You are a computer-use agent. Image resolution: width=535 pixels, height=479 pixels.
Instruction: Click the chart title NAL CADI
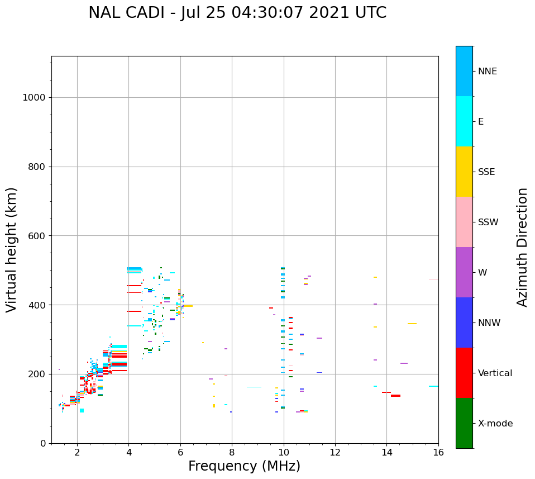[x=237, y=13]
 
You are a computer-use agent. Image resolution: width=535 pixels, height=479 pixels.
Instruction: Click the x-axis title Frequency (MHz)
[x=244, y=466]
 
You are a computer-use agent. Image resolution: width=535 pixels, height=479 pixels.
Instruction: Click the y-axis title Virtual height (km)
[x=12, y=249]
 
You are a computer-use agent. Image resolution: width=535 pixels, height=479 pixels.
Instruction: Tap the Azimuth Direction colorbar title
[x=522, y=247]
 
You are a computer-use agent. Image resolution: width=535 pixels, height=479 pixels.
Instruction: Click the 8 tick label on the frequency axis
[x=232, y=452]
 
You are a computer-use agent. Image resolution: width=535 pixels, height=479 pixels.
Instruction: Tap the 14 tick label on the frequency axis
[x=386, y=452]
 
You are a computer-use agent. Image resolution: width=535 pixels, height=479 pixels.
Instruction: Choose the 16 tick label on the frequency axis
[x=438, y=452]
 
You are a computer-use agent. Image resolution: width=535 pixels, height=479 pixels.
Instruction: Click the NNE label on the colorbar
[x=487, y=72]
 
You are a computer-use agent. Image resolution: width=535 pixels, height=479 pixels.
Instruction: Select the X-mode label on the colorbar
[x=495, y=424]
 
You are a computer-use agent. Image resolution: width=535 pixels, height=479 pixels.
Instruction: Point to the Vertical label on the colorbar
[x=495, y=373]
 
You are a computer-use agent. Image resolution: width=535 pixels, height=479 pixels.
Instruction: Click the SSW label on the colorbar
[x=488, y=222]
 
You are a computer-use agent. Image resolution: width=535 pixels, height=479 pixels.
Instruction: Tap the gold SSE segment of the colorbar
[x=464, y=172]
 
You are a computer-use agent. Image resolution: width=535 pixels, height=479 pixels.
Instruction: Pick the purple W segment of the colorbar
[x=464, y=272]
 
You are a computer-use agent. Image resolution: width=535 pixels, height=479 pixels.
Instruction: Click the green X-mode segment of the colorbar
[x=464, y=423]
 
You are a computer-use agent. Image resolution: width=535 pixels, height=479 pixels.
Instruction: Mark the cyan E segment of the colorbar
[x=464, y=121]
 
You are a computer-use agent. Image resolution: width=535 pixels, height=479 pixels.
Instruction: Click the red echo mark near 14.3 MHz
[x=395, y=396]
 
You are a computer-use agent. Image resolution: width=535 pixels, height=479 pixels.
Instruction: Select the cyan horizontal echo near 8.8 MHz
[x=254, y=387]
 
